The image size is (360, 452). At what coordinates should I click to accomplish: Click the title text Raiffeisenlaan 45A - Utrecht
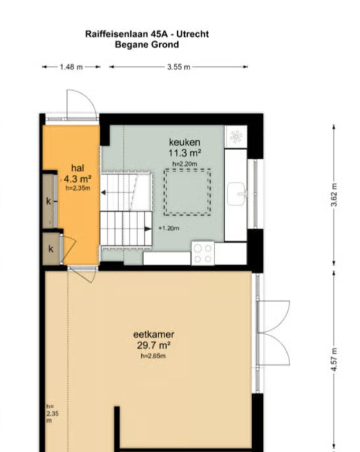click(147, 34)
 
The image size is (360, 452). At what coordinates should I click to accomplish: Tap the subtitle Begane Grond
click(147, 45)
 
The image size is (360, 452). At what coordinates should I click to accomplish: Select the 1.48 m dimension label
click(71, 67)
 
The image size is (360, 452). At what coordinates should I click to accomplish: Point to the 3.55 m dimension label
click(179, 67)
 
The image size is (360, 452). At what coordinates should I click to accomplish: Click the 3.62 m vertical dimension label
click(334, 195)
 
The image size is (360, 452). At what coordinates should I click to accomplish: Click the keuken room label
click(185, 142)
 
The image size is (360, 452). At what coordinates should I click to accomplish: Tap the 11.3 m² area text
click(185, 153)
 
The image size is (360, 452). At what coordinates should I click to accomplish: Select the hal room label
click(78, 168)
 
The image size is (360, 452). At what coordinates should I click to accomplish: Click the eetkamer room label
click(154, 334)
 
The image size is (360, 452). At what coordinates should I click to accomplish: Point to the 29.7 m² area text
click(154, 345)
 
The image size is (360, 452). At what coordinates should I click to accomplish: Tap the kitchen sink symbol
click(237, 194)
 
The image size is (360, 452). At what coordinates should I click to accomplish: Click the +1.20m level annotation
click(169, 228)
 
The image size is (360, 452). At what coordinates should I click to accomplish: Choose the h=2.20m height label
click(185, 164)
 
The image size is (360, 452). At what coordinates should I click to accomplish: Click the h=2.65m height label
click(153, 356)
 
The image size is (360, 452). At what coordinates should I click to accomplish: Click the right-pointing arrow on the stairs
click(148, 229)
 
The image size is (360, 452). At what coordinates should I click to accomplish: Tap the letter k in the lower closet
click(51, 249)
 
